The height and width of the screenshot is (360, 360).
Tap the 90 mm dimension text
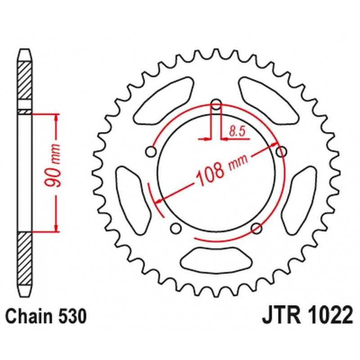53,165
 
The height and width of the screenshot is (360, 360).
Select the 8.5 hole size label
237,131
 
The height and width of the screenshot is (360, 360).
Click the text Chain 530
46,316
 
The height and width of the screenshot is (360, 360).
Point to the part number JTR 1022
307,315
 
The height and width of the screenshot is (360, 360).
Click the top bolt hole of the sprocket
216,105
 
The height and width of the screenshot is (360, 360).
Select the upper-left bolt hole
151,152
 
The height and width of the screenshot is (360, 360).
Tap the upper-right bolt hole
281,152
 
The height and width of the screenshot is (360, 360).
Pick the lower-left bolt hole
176,229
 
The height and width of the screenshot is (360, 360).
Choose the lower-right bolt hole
256,229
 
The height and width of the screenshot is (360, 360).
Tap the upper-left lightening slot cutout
163,101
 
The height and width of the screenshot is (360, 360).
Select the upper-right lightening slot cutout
269,101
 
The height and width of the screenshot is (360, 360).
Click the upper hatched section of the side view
25,81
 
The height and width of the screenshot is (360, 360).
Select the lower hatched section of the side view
25,259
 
